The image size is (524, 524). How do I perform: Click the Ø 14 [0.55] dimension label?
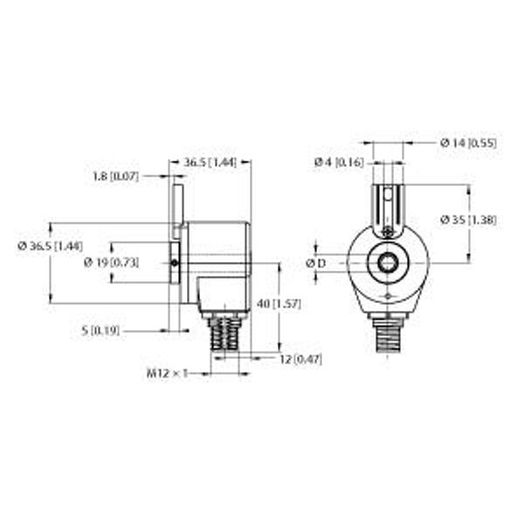click(x=468, y=142)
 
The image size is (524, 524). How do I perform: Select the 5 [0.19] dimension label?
click(x=101, y=332)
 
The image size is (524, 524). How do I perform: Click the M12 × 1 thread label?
click(x=166, y=374)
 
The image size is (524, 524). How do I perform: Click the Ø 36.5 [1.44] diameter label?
click(x=51, y=247)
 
